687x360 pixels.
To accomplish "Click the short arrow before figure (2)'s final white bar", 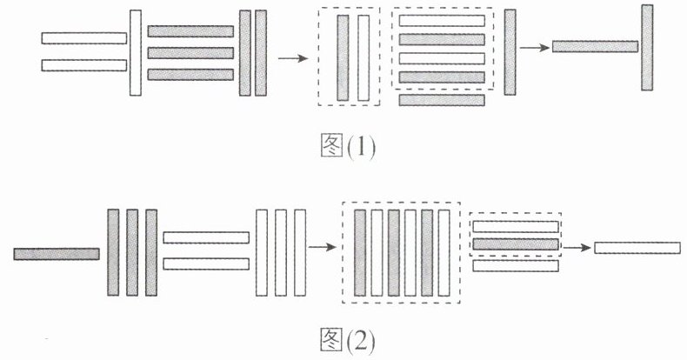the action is (x=575, y=248).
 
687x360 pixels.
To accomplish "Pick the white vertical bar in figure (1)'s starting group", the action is (x=135, y=52).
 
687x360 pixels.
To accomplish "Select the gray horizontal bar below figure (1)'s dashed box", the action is (x=442, y=100).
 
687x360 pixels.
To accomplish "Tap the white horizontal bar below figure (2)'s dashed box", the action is (x=515, y=266).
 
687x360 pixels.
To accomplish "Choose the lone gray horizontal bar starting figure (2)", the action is (x=57, y=254).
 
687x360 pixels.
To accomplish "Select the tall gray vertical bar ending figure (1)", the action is (x=647, y=48).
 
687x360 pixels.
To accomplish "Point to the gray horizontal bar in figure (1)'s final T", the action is (x=595, y=47).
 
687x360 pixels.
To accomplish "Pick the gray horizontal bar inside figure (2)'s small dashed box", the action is (x=515, y=244).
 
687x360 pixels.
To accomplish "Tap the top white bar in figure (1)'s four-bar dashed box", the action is (x=442, y=20).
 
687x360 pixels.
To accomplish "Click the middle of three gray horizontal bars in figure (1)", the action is (x=190, y=53).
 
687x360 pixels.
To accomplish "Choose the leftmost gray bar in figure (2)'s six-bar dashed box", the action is (x=361, y=252).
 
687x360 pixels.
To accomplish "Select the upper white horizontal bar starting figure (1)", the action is (x=83, y=38).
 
